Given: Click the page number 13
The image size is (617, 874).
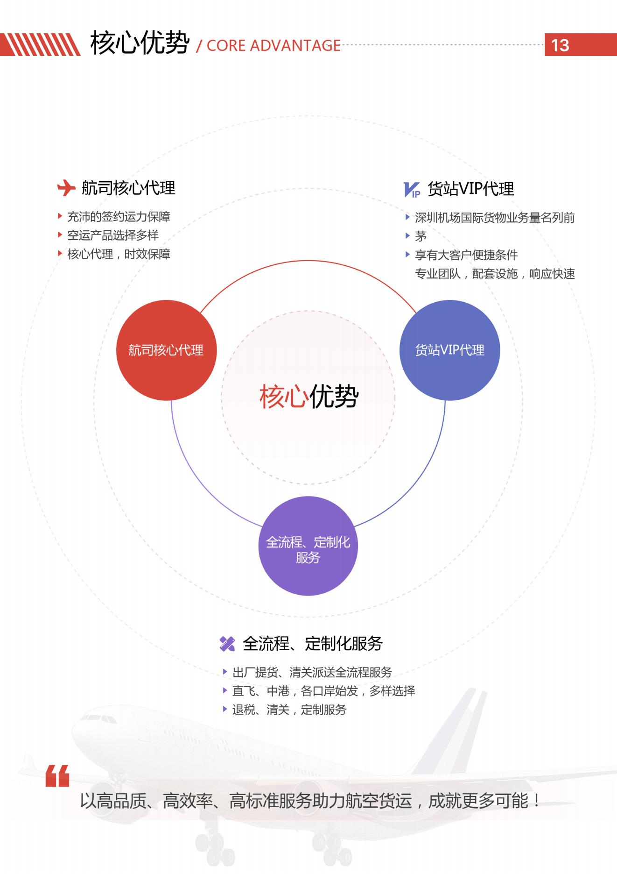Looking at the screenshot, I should click(x=560, y=45).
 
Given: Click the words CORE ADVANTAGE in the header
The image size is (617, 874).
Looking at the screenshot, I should click(x=273, y=45).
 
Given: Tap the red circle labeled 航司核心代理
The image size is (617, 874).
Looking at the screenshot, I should click(x=166, y=350).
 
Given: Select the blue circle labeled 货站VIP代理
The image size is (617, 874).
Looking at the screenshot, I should click(x=449, y=350).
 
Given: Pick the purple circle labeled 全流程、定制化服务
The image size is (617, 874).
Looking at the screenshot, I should click(x=308, y=546).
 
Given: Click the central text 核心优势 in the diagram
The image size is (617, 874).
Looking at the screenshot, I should click(x=308, y=397).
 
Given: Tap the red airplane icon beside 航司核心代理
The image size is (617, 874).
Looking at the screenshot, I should click(x=66, y=188).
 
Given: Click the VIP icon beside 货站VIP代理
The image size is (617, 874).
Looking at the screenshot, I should click(x=412, y=190).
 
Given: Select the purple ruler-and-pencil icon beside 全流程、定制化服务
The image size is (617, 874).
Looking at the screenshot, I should click(x=227, y=644).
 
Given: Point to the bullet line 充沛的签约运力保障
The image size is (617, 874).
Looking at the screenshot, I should click(x=119, y=216).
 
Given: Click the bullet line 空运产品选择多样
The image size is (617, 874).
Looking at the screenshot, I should click(x=113, y=235).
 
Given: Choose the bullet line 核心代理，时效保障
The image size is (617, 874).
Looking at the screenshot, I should click(x=119, y=254).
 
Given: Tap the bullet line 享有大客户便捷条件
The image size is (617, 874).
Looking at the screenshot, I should click(x=466, y=255).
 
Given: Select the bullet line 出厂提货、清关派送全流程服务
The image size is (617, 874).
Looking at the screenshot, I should click(x=312, y=672).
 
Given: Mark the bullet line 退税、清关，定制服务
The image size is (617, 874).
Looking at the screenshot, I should click(x=289, y=710).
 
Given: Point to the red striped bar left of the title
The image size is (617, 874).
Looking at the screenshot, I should click(x=40, y=45).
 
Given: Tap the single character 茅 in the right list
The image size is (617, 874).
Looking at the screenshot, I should click(x=421, y=236).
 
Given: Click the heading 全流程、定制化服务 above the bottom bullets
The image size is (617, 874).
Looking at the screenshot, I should click(x=313, y=644).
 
